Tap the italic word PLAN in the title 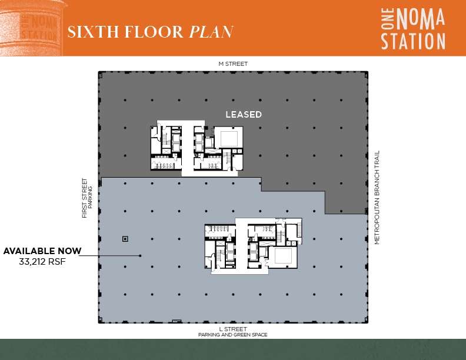pyautogui.click(x=211, y=32)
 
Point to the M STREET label pyautogui.click(x=233, y=64)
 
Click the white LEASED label pyautogui.click(x=244, y=115)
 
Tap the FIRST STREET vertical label pyautogui.click(x=85, y=198)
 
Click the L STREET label pyautogui.click(x=233, y=329)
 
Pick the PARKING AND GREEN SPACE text pyautogui.click(x=233, y=335)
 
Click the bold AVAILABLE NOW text pyautogui.click(x=42, y=251)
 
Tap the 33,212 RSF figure pyautogui.click(x=42, y=262)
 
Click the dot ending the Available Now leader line pyautogui.click(x=140, y=255)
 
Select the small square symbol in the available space pyautogui.click(x=125, y=238)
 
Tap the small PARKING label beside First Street pyautogui.click(x=91, y=198)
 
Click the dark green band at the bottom pyautogui.click(x=233, y=349)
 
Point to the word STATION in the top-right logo pyautogui.click(x=412, y=41)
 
